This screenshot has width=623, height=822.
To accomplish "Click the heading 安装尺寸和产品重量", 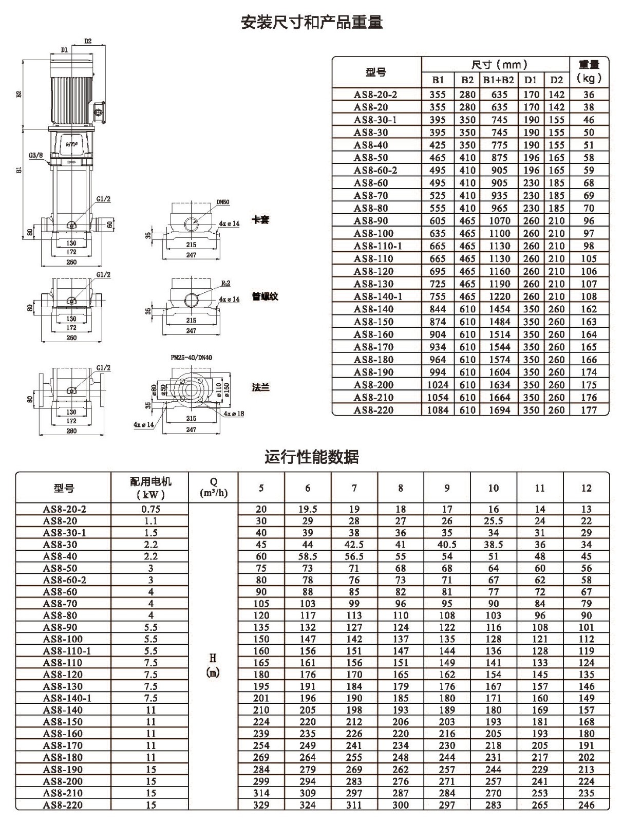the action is pos(311,23).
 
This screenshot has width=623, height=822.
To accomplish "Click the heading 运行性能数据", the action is pos(311,457).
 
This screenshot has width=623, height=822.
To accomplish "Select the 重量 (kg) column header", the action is pos(589,71).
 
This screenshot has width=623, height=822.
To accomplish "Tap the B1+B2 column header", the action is pos(499,80).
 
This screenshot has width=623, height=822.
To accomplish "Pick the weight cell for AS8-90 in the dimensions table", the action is pos(589,220).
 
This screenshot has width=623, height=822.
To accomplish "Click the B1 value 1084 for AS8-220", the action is pos(438,410).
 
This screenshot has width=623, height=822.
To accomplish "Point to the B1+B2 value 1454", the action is pos(499,309).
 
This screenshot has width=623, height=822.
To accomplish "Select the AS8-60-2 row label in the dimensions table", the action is pos(375,170).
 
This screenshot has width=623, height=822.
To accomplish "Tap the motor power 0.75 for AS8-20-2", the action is pos(151,509).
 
